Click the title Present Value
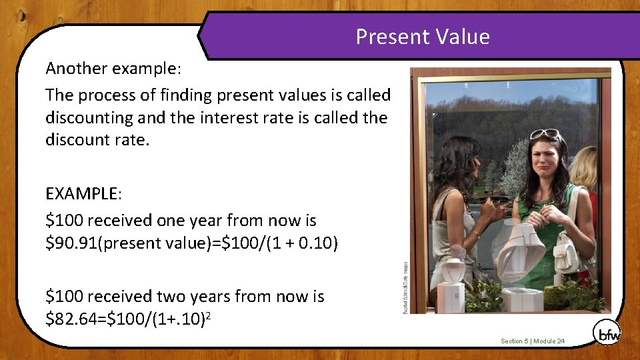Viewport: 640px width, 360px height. pos(423,36)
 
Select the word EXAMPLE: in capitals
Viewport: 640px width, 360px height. pos(83,194)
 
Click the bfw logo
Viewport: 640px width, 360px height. pos(606,331)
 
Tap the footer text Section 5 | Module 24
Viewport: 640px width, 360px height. pos(533,341)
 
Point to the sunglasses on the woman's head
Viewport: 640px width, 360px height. pos(545,134)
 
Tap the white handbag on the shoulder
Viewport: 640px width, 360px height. pos(567,253)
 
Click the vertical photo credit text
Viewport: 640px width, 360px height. pos(405,287)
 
